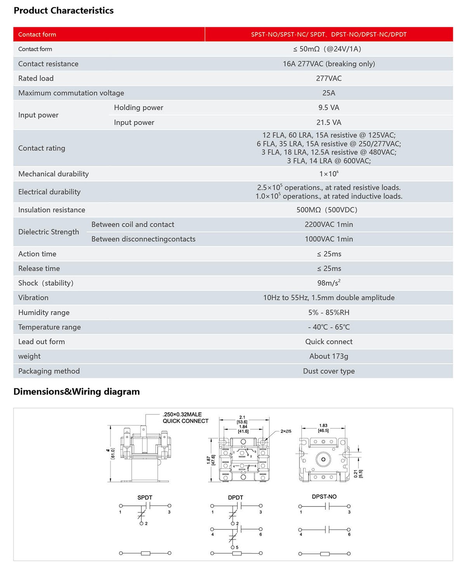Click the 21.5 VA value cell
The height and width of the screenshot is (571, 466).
(329, 122)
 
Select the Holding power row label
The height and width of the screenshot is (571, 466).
(138, 108)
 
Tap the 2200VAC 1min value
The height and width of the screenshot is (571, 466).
(329, 225)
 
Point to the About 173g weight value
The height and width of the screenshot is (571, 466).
(329, 356)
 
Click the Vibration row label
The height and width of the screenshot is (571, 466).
(33, 298)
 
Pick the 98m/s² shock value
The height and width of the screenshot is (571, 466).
(329, 283)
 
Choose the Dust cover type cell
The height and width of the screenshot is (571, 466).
(329, 371)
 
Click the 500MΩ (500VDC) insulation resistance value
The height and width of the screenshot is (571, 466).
(327, 210)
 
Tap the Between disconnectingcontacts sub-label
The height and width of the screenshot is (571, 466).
(143, 239)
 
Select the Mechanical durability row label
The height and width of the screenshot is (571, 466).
(53, 174)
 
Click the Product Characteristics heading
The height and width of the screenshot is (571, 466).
(64, 10)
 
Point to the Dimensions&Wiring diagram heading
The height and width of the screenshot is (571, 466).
(77, 392)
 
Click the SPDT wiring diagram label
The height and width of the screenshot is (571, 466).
(145, 498)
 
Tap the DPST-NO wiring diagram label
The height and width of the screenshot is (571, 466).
(324, 497)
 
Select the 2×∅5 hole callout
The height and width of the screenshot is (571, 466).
(286, 431)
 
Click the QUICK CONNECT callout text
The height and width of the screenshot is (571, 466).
(185, 421)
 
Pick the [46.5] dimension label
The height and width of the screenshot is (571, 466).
(323, 430)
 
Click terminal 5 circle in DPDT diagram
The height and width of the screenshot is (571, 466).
(233, 547)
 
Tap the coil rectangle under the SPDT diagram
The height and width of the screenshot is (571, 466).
(146, 553)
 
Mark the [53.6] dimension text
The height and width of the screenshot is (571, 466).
(242, 422)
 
